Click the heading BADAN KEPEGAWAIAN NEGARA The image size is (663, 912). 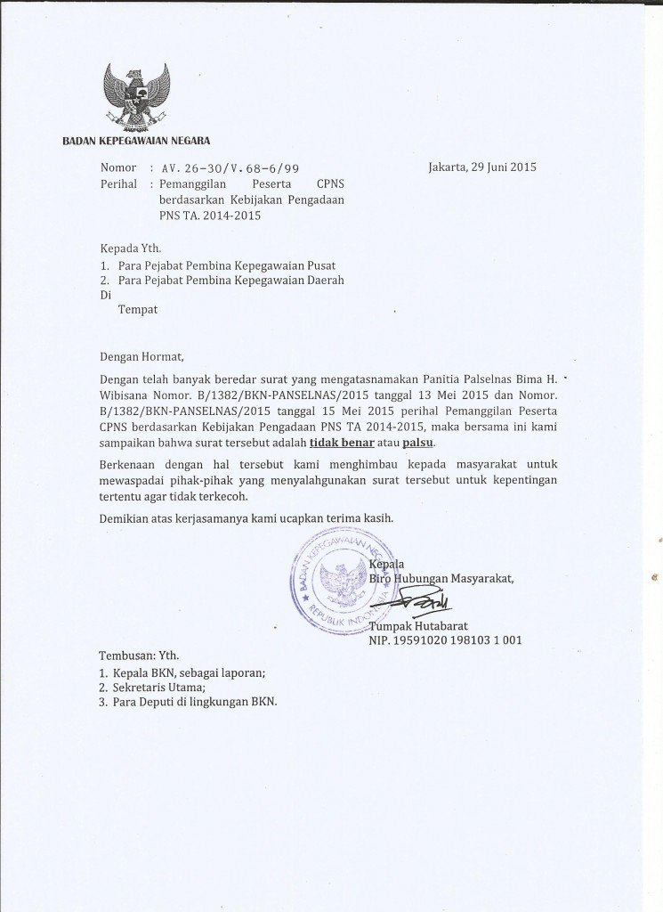tap(135, 141)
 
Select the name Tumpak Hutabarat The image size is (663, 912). tap(418, 626)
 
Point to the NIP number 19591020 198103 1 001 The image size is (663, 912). tap(446, 639)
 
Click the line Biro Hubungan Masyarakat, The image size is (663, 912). tap(441, 578)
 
